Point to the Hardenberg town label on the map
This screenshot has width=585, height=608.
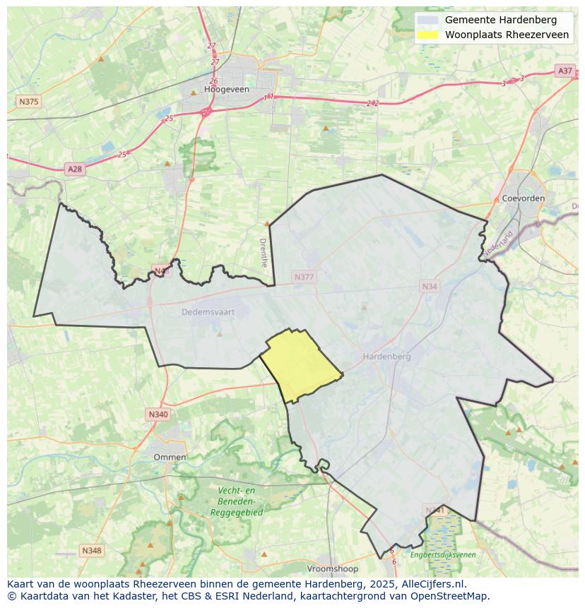pyautogui.click(x=386, y=357)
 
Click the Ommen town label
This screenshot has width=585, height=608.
pyautogui.click(x=170, y=457)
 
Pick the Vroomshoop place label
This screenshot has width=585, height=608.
pyautogui.click(x=333, y=568)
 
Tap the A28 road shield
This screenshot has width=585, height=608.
pyautogui.click(x=74, y=169)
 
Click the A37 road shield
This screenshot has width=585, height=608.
pyautogui.click(x=565, y=71)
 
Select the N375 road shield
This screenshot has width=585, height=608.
pyautogui.click(x=28, y=102)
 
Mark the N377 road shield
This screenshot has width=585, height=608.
pyautogui.click(x=303, y=277)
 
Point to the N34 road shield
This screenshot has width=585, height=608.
pyautogui.click(x=429, y=286)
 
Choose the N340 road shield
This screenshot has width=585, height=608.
pyautogui.click(x=158, y=415)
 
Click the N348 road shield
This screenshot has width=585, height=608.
pyautogui.click(x=91, y=550)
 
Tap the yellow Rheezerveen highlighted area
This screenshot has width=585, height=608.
pyautogui.click(x=300, y=364)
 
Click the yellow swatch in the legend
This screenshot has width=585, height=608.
pyautogui.click(x=427, y=35)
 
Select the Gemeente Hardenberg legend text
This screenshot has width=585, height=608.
pyautogui.click(x=500, y=20)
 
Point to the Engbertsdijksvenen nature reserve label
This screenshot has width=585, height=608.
pyautogui.click(x=443, y=555)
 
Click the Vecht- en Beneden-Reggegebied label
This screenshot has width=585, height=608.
pyautogui.click(x=236, y=501)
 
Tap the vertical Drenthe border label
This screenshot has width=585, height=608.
pyautogui.click(x=264, y=252)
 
